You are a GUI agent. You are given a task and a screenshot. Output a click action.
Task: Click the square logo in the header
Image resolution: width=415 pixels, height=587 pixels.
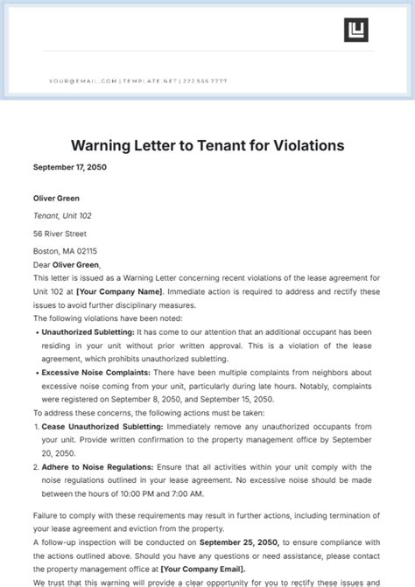tap(355, 29)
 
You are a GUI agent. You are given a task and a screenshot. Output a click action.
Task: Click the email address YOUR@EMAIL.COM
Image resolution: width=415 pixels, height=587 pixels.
tap(82, 81)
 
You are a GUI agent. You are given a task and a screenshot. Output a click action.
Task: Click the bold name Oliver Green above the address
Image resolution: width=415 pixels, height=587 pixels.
tap(55, 197)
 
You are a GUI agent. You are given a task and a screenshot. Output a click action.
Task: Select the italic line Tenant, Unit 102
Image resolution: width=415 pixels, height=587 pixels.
tap(62, 215)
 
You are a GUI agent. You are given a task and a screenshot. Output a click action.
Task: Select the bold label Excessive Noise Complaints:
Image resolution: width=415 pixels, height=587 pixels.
tap(90, 373)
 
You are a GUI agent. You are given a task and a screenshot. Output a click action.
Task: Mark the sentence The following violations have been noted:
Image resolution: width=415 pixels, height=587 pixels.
tap(100, 318)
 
